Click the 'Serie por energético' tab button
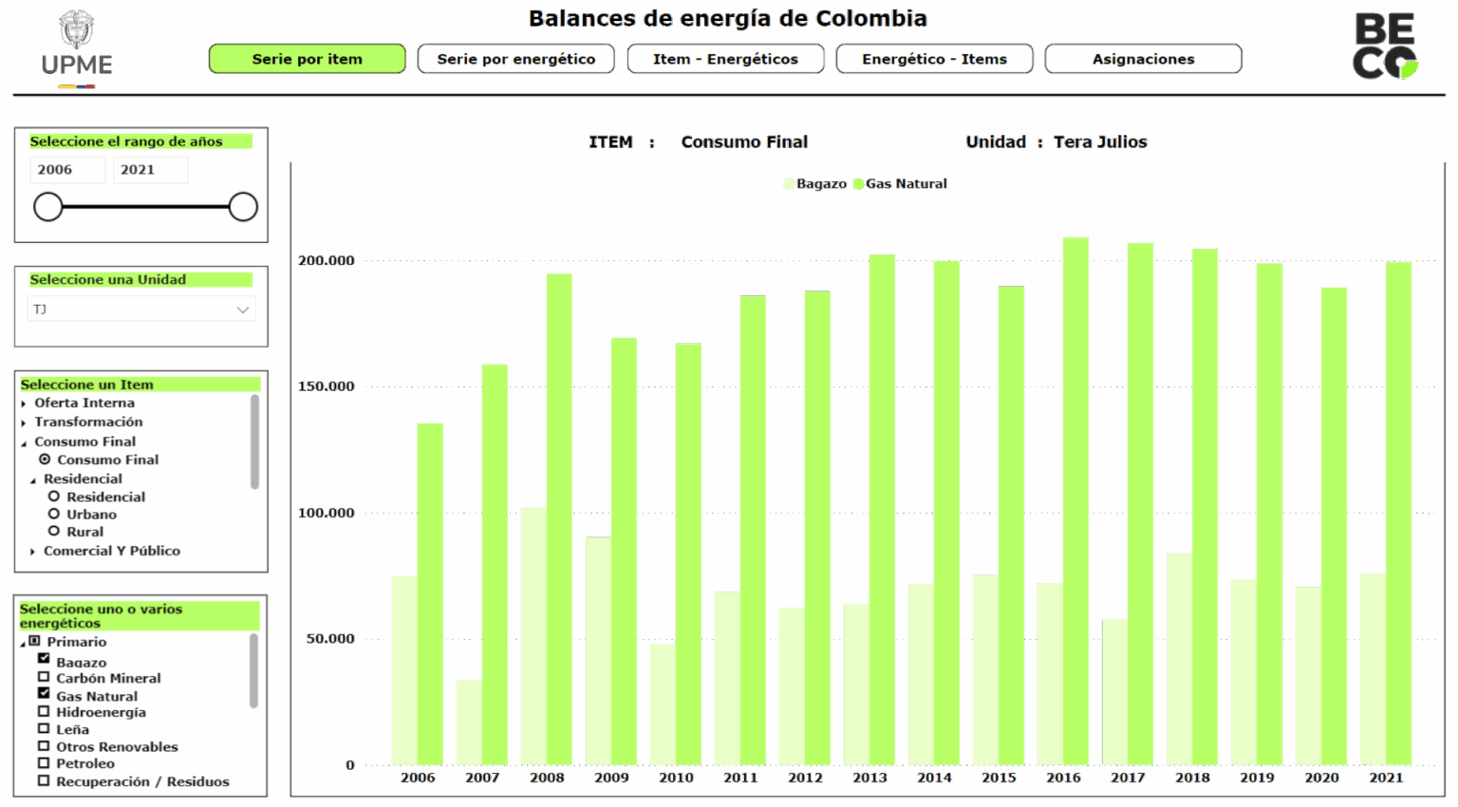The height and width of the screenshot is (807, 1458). pos(515,59)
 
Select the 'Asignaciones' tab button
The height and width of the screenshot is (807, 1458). pos(1143,59)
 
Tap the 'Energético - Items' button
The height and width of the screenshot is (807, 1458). pos(934,59)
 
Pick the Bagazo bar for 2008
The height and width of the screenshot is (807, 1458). pos(533,636)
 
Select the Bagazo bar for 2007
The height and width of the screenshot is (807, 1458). pos(468,722)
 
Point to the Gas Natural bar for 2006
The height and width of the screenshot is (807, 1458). pos(430,593)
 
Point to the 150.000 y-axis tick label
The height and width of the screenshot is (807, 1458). pos(327,386)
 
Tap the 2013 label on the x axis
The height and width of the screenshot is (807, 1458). pos(869,778)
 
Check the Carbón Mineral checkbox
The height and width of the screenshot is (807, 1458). pos(44,677)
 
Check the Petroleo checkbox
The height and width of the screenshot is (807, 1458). pos(44,762)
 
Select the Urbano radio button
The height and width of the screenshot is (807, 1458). pos(54,514)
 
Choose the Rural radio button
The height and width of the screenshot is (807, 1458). pos(54,531)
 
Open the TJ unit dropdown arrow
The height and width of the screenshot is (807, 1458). pos(242,310)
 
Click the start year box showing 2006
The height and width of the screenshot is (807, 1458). pos(66,170)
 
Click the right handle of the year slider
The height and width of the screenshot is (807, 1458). pos(243,207)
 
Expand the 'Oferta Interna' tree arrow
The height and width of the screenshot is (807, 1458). pos(24,403)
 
